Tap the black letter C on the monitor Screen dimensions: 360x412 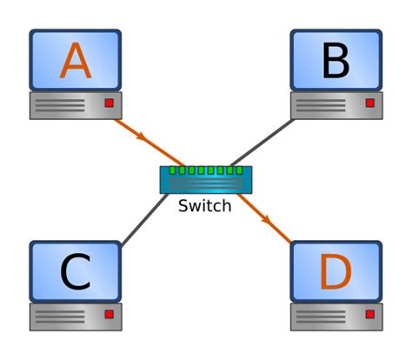pos(76,272)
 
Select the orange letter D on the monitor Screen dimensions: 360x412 pos(336,272)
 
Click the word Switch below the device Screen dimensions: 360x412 pos(204,206)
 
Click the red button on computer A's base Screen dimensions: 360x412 pos(109,103)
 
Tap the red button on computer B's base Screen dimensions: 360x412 pos(369,103)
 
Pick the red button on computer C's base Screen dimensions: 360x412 pos(109,314)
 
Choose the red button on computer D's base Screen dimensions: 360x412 pos(369,314)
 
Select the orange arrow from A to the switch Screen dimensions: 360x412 pos(143,139)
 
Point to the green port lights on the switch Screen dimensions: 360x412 pos(206,170)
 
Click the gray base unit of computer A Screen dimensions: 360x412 pos(76,105)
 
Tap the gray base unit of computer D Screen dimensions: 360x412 pos(336,316)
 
